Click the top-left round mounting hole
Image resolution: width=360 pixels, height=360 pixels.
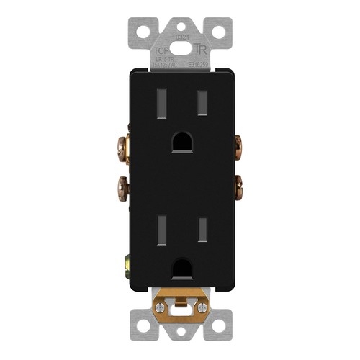coord(143,32)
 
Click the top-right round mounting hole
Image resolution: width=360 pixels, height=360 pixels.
coord(219,32)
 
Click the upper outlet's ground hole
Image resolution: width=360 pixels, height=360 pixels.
coord(181,142)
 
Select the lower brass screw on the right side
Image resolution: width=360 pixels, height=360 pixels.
coord(238,190)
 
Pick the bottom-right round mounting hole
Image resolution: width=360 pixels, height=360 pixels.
coord(219,327)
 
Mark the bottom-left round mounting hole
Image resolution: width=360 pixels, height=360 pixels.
coord(143,327)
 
